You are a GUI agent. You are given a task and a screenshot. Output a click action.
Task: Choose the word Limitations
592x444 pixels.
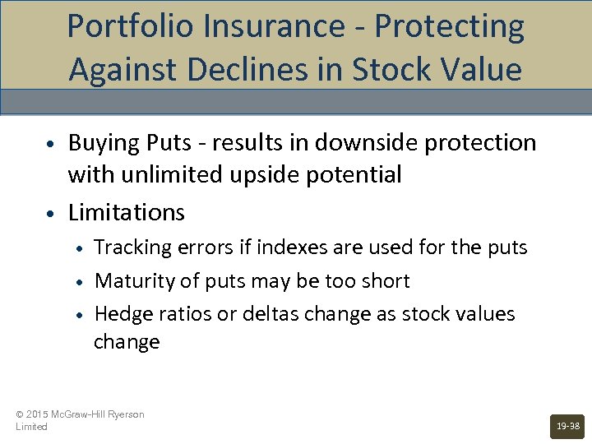point(127,212)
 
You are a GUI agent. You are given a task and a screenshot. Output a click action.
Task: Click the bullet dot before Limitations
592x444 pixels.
point(51,214)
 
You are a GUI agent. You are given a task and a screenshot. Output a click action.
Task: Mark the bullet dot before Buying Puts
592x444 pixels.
point(51,145)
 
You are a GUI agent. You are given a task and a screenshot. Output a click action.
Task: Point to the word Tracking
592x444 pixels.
point(132,247)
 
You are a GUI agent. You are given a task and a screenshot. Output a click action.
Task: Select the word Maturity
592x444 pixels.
point(133,281)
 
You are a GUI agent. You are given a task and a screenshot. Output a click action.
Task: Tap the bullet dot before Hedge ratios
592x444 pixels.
point(81,315)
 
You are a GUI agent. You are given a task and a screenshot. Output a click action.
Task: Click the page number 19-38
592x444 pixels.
point(567,426)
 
